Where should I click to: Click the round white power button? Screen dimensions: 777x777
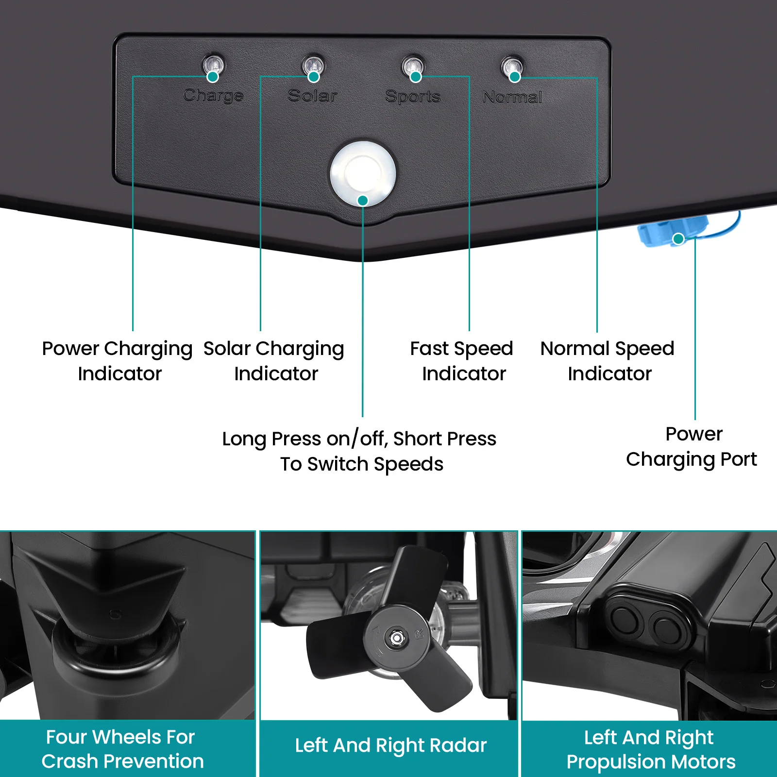coord(362,173)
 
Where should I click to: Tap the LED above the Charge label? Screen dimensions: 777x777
coord(213,64)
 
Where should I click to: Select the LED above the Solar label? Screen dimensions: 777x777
coord(314,65)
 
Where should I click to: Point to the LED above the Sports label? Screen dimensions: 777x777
coord(413,65)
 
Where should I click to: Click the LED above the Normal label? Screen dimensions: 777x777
coord(512,66)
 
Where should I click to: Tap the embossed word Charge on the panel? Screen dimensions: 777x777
coord(213,95)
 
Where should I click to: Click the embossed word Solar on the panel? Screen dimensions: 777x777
coord(312,96)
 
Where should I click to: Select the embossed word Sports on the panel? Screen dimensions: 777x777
coord(413,97)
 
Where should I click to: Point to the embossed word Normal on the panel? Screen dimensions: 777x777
coord(512,97)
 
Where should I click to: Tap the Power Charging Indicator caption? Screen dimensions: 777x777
coord(118,361)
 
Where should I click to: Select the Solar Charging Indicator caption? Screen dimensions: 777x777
coord(274,361)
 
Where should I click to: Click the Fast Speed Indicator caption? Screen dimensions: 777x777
coord(462,361)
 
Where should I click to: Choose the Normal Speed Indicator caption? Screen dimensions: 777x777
coord(608,361)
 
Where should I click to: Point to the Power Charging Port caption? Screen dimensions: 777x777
coord(692,446)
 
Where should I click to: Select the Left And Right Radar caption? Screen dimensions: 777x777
coord(390,745)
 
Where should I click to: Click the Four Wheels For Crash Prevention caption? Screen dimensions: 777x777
coord(122,749)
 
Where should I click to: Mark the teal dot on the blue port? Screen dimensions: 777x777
coord(678,238)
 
